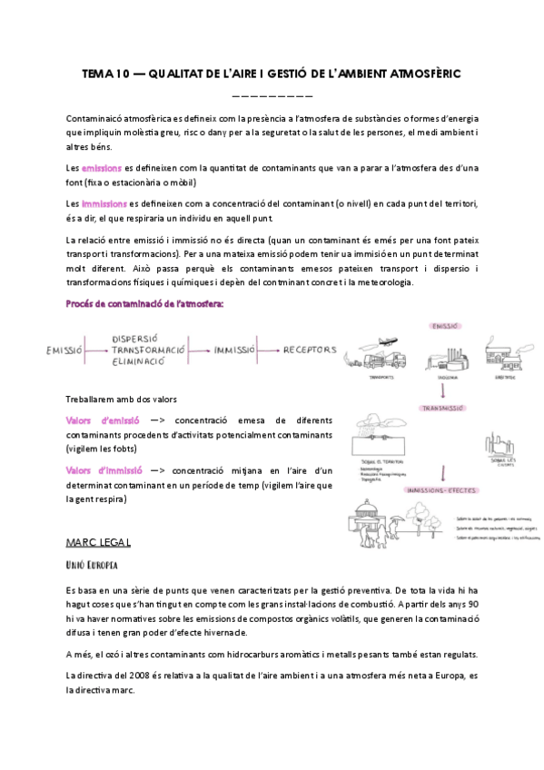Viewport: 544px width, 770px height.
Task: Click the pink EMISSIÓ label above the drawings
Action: coord(442,325)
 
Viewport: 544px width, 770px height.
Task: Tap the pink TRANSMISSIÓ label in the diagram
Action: coord(443,409)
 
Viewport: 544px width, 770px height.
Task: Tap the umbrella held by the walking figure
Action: coord(398,519)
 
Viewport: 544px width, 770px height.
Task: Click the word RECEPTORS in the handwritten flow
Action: coord(310,350)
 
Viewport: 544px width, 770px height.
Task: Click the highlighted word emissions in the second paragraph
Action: coord(101,168)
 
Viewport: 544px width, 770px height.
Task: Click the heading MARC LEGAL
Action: coord(98,543)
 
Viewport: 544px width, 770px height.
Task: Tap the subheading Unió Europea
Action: coord(92,566)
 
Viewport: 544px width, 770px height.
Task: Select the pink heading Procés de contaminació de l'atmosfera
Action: coord(145,304)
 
